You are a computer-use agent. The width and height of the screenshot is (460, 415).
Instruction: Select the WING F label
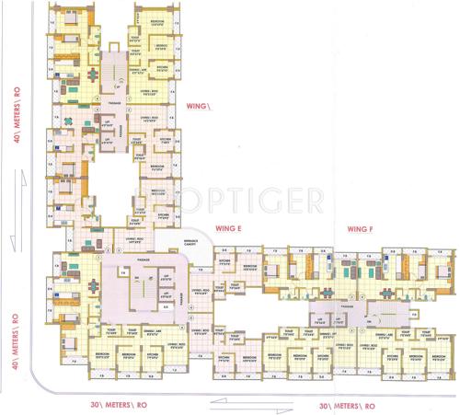(359, 226)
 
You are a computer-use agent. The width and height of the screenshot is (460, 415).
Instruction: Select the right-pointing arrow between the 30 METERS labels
(273, 410)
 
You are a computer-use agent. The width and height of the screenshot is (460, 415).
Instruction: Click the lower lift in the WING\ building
(108, 139)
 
